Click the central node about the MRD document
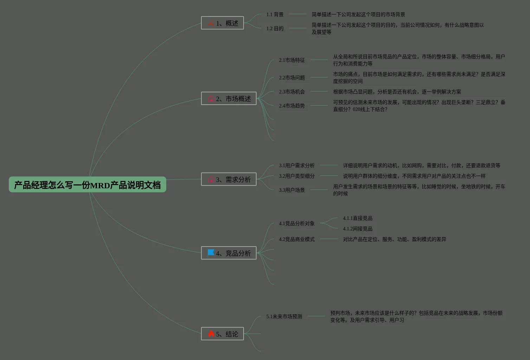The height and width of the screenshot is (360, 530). (x=87, y=185)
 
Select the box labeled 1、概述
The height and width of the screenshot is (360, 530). (x=222, y=23)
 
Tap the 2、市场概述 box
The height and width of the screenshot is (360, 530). (x=229, y=99)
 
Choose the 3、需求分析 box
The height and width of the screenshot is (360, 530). (x=229, y=179)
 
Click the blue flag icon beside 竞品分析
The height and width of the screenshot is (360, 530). (x=211, y=253)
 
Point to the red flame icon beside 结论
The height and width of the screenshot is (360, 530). (x=211, y=334)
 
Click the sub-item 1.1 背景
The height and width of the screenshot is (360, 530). (x=275, y=14)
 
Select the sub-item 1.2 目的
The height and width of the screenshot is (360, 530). (x=275, y=28)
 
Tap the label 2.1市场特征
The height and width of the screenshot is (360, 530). (x=292, y=60)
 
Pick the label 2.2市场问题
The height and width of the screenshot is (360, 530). (x=292, y=78)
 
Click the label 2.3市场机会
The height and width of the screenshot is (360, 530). (x=292, y=92)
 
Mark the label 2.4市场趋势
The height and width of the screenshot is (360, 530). (x=292, y=106)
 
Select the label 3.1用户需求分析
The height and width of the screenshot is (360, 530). (x=297, y=165)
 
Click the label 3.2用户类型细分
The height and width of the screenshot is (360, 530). (x=297, y=176)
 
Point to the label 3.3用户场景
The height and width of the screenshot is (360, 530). (x=292, y=190)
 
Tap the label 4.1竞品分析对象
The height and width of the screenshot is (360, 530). (x=297, y=223)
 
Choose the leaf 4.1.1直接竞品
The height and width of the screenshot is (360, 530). (x=357, y=218)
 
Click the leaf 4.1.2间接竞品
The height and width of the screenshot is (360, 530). (x=357, y=229)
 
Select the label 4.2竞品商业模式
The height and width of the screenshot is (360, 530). (x=297, y=239)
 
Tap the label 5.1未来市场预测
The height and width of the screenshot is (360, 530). (x=284, y=316)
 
